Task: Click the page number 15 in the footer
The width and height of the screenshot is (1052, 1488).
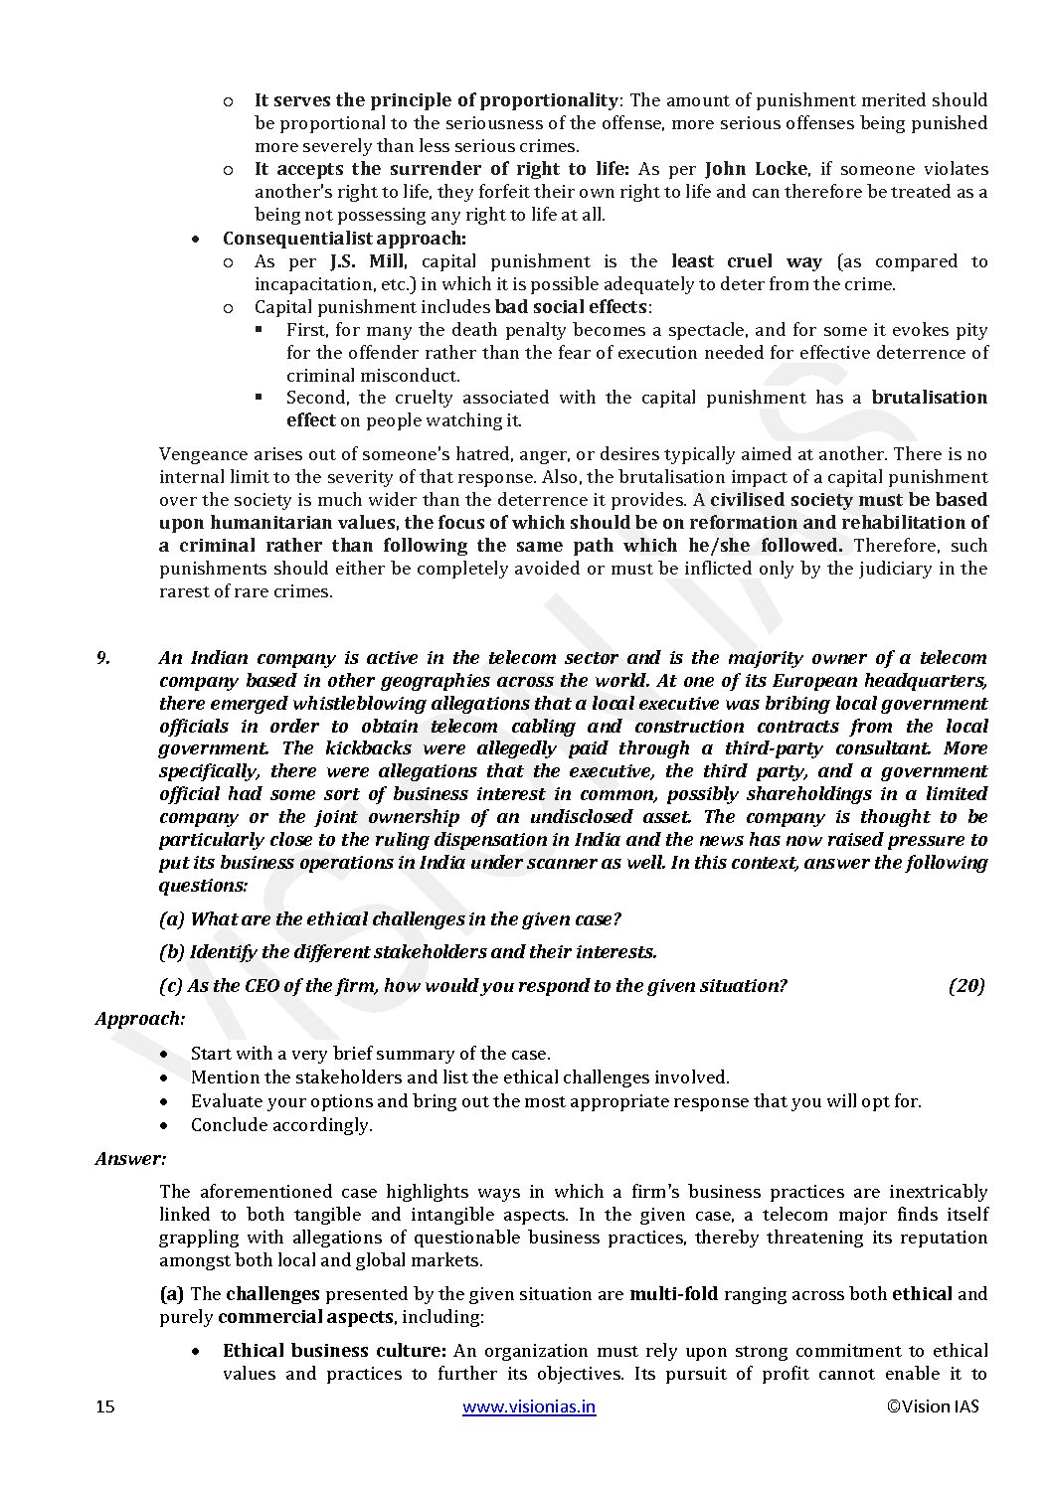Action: point(105,1406)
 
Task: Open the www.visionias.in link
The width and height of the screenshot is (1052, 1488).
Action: point(529,1406)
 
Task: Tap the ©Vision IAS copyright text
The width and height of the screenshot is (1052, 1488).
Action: point(932,1406)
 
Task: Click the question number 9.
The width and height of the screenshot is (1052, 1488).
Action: point(102,657)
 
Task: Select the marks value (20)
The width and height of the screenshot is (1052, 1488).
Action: point(965,985)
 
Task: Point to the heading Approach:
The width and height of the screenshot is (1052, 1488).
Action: point(140,1018)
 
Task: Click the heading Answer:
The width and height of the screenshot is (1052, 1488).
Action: point(131,1158)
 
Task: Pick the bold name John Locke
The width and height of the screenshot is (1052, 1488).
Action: point(756,169)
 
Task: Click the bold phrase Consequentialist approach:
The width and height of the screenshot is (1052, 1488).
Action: point(344,239)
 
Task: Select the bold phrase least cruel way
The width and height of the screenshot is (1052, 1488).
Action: point(747,261)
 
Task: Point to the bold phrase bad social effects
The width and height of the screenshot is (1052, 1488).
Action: point(571,306)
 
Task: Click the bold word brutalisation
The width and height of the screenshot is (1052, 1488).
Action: point(929,398)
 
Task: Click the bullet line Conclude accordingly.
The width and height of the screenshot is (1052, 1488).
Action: point(281,1125)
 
